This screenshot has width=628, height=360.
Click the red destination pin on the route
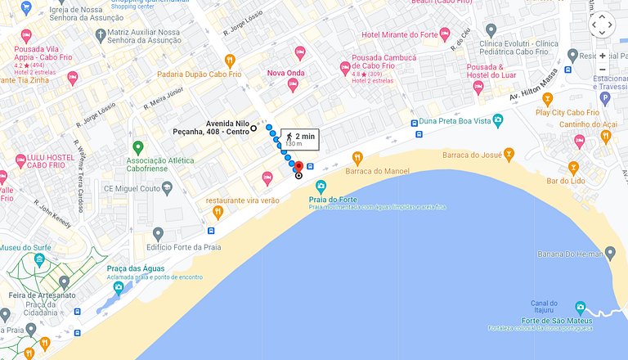point(298,167)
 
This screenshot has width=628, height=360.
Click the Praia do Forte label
point(331,199)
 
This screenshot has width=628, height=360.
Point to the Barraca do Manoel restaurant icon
point(357,157)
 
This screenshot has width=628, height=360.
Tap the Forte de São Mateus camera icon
point(580,308)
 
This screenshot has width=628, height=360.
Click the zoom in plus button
point(603,56)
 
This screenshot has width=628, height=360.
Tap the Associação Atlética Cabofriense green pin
point(138,147)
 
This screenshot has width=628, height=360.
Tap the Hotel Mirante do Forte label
point(400,34)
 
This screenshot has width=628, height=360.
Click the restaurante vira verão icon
point(218,212)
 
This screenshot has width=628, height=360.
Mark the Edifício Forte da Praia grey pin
point(159,234)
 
